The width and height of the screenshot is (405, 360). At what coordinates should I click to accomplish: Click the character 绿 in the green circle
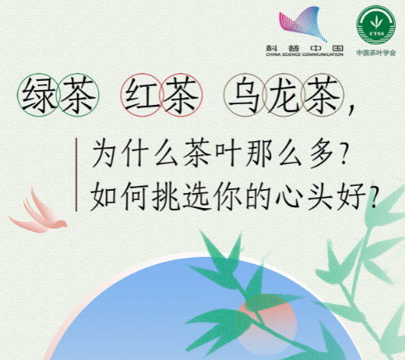point(39,95)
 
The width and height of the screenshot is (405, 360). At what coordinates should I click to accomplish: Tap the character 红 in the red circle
point(142,95)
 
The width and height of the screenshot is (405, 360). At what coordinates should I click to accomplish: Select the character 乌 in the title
point(245,96)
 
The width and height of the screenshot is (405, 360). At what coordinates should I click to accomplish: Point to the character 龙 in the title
point(284,95)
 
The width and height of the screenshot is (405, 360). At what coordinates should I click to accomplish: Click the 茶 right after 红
point(181,95)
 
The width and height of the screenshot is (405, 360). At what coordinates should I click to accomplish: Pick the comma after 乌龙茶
point(351,110)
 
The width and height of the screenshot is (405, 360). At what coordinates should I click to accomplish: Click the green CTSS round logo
point(376,25)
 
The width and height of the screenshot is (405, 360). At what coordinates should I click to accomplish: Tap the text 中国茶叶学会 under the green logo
point(376,53)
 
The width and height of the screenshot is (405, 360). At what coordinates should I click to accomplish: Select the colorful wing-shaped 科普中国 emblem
point(303,24)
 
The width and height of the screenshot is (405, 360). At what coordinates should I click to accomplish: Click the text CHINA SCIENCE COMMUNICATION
point(304,54)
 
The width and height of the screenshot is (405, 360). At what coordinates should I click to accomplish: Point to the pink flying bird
point(38,213)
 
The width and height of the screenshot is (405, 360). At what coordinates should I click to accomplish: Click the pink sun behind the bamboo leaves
point(266,324)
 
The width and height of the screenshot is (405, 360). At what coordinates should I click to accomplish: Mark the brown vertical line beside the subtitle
point(76,175)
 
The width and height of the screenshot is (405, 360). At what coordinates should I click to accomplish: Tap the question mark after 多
point(343,154)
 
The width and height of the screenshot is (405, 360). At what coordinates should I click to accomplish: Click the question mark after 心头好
point(374,197)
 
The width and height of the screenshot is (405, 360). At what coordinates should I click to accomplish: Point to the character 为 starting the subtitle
point(104,154)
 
